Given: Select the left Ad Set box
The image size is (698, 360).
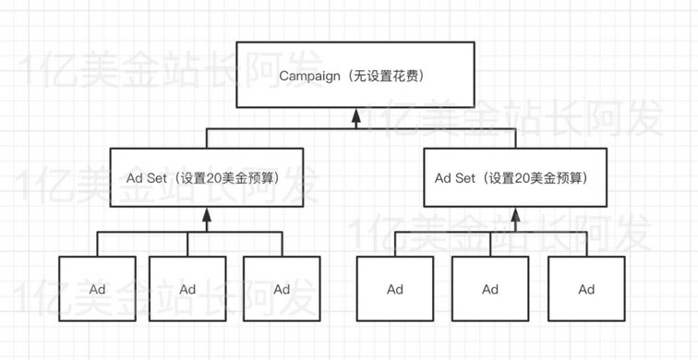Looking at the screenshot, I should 206,176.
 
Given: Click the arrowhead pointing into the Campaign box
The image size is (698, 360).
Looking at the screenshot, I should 356,116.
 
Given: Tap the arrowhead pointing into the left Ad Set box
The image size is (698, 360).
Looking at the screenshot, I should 207,215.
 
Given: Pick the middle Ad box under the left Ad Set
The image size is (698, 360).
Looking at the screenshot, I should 188,290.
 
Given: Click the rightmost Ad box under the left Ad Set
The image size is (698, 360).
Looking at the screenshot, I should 282,290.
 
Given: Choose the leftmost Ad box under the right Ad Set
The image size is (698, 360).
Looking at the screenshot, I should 395,290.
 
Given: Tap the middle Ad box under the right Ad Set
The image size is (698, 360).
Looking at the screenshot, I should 490,290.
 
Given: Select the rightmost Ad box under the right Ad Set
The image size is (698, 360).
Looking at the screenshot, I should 585,290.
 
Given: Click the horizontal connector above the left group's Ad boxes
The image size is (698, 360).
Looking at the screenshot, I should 148,232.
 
